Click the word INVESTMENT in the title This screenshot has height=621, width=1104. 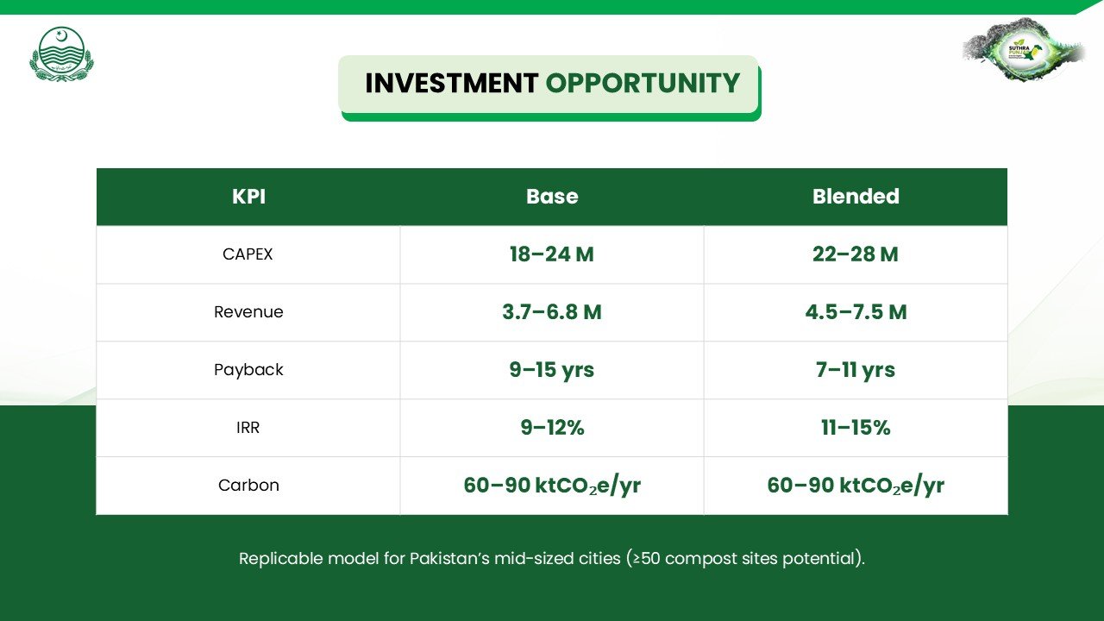pyautogui.click(x=451, y=83)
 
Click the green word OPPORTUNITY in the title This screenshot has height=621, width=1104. pyautogui.click(x=643, y=83)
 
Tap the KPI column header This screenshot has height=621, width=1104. pyautogui.click(x=249, y=196)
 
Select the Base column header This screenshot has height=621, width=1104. pyautogui.click(x=552, y=196)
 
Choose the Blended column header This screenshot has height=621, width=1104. pyautogui.click(x=856, y=196)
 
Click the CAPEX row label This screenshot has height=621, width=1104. pyautogui.click(x=248, y=254)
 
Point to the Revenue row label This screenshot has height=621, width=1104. pyautogui.click(x=248, y=312)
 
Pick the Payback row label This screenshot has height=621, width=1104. pyautogui.click(x=248, y=370)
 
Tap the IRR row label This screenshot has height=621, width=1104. pyautogui.click(x=248, y=427)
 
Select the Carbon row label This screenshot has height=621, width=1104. pyautogui.click(x=248, y=485)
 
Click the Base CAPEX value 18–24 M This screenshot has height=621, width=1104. pyautogui.click(x=551, y=254)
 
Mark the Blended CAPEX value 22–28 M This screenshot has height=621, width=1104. pyautogui.click(x=856, y=254)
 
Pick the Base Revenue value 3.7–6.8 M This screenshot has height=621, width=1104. pyautogui.click(x=552, y=312)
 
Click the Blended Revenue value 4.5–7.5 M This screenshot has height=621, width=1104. pyautogui.click(x=856, y=312)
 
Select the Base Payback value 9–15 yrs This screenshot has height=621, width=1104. pyautogui.click(x=551, y=370)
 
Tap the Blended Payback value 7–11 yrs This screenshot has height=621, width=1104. pyautogui.click(x=855, y=370)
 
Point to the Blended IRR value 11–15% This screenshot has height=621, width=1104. pyautogui.click(x=856, y=427)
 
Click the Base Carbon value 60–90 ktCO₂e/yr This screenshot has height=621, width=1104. pyautogui.click(x=552, y=486)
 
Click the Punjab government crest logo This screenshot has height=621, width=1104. pyautogui.click(x=61, y=53)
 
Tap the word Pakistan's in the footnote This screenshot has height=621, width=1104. pyautogui.click(x=449, y=558)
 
